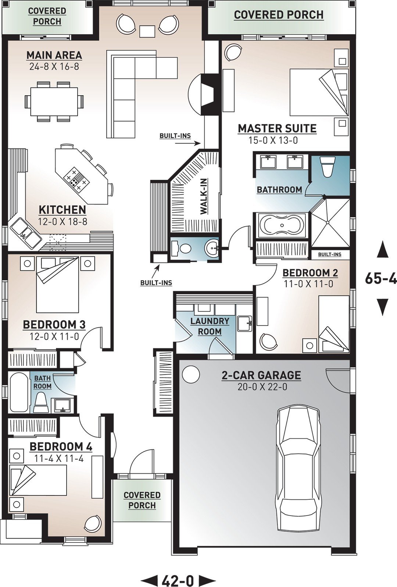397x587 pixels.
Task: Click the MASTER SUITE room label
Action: point(277,129)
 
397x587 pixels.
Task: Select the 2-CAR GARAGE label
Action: point(261,375)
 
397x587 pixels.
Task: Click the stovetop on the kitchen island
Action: point(77,179)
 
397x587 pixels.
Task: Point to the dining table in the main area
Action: point(54,102)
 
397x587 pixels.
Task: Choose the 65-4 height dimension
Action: point(381,278)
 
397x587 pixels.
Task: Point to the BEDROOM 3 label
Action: point(54,325)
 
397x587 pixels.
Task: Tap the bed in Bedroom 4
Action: point(38,480)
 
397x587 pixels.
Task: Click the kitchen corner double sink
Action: point(25,233)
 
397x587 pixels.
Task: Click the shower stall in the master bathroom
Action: point(330,223)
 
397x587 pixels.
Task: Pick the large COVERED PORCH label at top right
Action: point(279,15)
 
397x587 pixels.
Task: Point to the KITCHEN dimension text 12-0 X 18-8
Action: point(62,222)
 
